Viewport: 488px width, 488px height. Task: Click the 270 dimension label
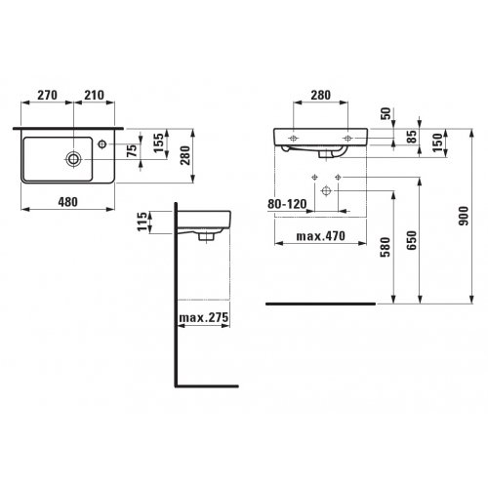click(48, 95)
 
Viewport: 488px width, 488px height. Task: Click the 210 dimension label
click(95, 95)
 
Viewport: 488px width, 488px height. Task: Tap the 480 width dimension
click(68, 202)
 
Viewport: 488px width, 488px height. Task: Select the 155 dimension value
click(158, 142)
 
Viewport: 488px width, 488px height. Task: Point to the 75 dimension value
click(132, 150)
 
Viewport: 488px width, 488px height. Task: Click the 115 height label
click(142, 222)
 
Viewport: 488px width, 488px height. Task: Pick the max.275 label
click(204, 317)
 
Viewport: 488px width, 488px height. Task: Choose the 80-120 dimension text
click(287, 204)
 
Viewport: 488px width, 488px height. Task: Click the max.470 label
click(321, 236)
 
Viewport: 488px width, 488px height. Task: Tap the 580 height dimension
click(386, 247)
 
